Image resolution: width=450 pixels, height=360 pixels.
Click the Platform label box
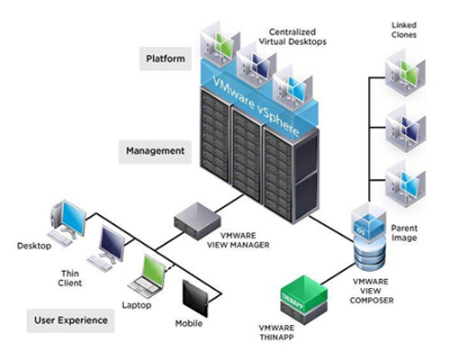pos(166,58)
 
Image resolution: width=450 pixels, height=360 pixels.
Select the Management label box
pos(155,152)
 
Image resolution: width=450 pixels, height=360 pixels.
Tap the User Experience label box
pos(71,320)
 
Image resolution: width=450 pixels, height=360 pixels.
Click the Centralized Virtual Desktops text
pos(292,37)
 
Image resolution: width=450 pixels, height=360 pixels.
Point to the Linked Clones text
pos(404,30)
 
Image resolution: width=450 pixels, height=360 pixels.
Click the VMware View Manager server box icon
pos(197,221)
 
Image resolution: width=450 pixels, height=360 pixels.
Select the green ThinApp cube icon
pos(303,294)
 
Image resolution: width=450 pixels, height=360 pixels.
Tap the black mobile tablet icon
pos(195,298)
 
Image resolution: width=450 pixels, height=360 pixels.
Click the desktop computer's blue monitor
pos(74,217)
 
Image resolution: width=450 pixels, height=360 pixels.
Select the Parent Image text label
pos(404,233)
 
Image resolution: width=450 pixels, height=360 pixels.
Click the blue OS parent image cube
pos(369,222)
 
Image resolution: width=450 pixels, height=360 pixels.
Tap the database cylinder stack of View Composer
pos(370,254)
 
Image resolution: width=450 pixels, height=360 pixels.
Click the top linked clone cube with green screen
pos(405,74)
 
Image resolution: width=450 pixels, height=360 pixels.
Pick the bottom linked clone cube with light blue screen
pos(405,184)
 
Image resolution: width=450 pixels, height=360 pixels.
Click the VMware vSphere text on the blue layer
pos(256,105)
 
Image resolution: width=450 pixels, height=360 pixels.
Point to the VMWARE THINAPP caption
pos(276,332)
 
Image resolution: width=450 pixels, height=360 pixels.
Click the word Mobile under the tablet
pos(189,324)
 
